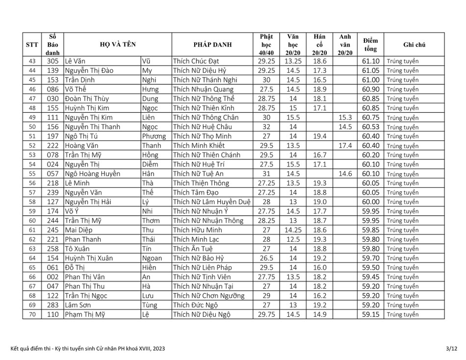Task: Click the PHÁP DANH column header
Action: [213, 45]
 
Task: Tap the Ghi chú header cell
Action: [414, 45]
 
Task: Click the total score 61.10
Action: [371, 61]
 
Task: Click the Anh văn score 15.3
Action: [345, 117]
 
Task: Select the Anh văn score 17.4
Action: [345, 146]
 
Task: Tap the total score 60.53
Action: [371, 127]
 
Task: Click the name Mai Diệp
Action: [79, 230]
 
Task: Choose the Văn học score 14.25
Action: [293, 230]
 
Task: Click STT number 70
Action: [32, 314]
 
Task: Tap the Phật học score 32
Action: [266, 127]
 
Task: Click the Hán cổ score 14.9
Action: [319, 314]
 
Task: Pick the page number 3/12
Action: [451, 349]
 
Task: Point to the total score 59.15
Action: [371, 314]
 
